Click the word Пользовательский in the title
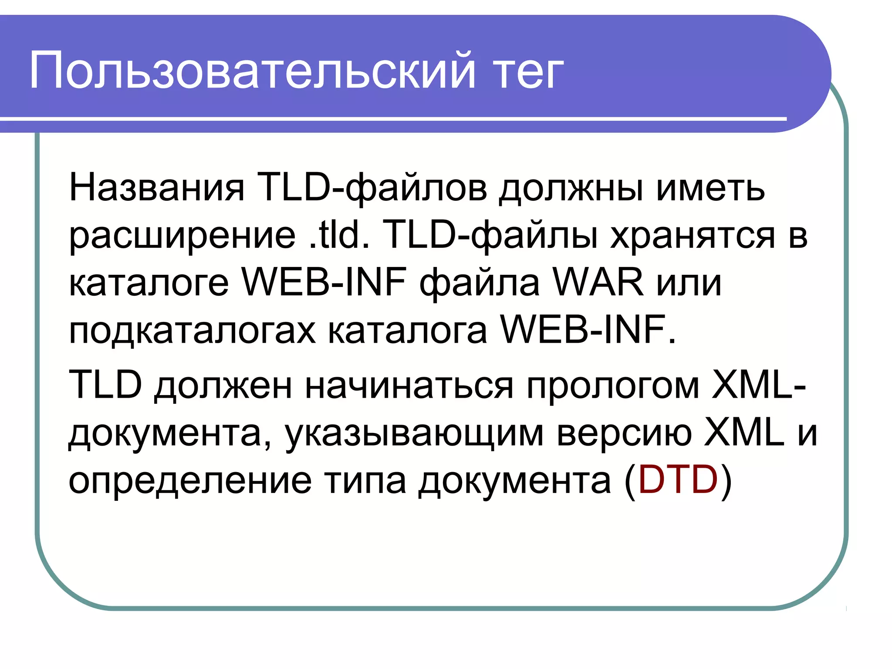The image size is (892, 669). click(x=252, y=71)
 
